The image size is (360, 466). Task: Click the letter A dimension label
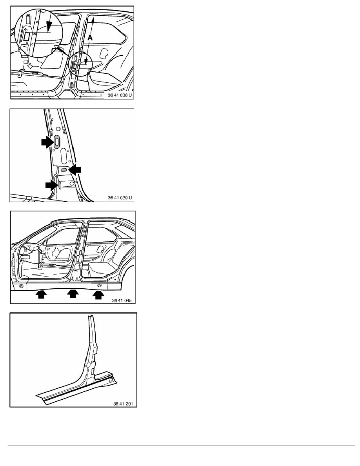(90, 38)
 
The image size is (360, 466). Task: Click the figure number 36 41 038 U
(120, 95)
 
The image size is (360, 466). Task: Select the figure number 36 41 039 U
(120, 198)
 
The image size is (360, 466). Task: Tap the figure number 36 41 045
(122, 300)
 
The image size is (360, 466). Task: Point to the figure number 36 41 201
(123, 404)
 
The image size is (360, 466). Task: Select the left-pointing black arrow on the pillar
(75, 169)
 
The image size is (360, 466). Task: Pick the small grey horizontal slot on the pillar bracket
(64, 169)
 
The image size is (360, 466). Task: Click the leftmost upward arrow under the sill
(41, 295)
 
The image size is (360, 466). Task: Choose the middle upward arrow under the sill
(73, 294)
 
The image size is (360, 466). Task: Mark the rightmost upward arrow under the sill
(98, 295)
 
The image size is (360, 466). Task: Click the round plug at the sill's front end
(21, 286)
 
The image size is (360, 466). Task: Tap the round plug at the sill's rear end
(100, 286)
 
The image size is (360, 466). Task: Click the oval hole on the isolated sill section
(111, 380)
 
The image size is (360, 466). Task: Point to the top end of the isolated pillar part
(90, 316)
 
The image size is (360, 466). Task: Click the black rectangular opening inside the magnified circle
(26, 36)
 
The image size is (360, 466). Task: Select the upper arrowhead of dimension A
(93, 20)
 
